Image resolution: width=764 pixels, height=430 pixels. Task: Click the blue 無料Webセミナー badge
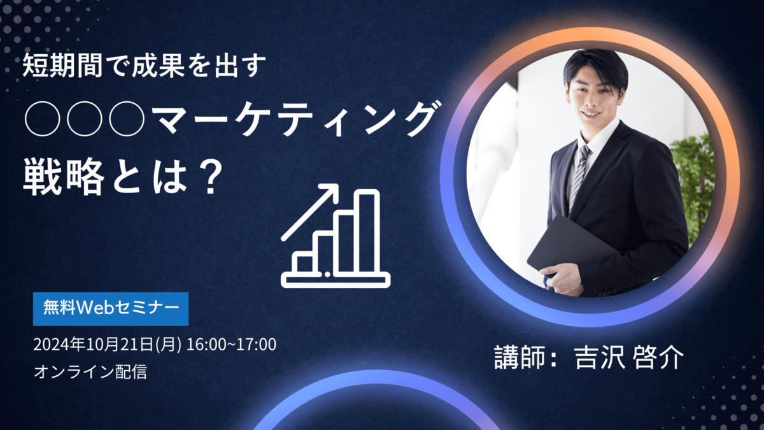[111, 309]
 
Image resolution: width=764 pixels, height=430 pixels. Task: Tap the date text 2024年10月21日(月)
[108, 345]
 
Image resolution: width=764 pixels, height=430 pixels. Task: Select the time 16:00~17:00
[231, 345]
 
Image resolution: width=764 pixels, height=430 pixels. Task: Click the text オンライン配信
[90, 371]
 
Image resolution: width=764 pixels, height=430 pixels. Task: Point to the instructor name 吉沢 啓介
[629, 357]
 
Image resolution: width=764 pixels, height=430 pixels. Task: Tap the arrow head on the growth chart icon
[330, 192]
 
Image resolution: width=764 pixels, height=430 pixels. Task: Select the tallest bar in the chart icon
[367, 231]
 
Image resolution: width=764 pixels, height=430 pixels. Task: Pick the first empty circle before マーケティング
[43, 118]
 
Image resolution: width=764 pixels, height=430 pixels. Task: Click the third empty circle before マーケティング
[127, 118]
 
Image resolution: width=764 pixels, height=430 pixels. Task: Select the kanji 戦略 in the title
[64, 178]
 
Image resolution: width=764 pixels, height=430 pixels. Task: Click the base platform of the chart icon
[336, 280]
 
